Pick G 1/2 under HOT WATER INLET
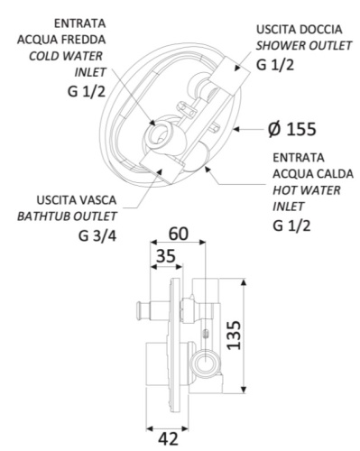[x=292, y=225]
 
